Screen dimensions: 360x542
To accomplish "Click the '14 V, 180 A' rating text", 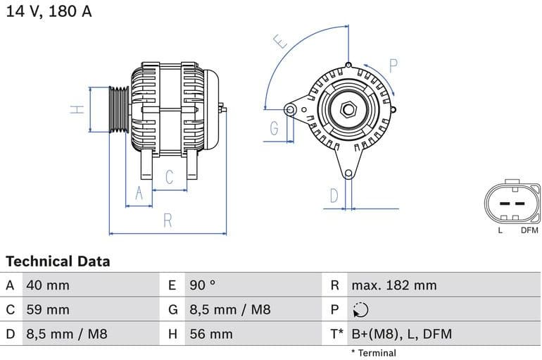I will (x=49, y=11).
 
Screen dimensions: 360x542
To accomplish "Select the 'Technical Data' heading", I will (x=58, y=261).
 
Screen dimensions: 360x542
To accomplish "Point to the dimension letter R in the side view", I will (x=168, y=221).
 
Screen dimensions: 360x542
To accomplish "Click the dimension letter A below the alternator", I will (x=139, y=193).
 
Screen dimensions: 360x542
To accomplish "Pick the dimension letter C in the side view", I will (x=169, y=177).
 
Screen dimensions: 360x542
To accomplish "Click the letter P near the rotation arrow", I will (x=393, y=66).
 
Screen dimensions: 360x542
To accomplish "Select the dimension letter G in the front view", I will (x=274, y=128).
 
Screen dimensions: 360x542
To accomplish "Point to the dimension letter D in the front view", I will (x=334, y=195).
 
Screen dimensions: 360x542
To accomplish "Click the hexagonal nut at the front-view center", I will (x=348, y=109).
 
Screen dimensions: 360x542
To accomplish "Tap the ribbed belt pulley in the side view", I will (x=119, y=109).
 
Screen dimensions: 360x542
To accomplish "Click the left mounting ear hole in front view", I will (x=290, y=109).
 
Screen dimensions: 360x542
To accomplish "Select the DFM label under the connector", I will (x=529, y=230).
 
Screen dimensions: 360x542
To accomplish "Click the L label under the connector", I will (x=500, y=230).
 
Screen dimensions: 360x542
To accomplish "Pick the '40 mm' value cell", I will (x=48, y=285).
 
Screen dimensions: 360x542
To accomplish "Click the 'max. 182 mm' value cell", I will (x=394, y=285).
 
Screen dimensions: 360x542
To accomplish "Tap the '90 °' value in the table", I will (x=203, y=285).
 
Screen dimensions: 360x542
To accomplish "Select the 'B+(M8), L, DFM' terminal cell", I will (x=401, y=334).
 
